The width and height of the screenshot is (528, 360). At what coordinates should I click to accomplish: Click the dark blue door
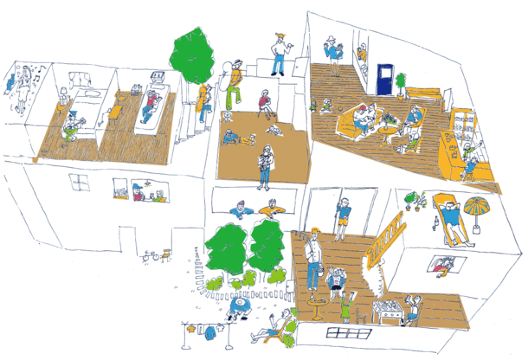pyautogui.click(x=383, y=80)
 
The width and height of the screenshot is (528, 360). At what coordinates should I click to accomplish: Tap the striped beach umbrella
pyautogui.click(x=477, y=209)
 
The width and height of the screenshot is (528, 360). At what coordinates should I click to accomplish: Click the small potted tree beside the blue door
pyautogui.click(x=402, y=81)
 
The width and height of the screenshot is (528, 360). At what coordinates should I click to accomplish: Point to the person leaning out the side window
pyautogui.click(x=444, y=263)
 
